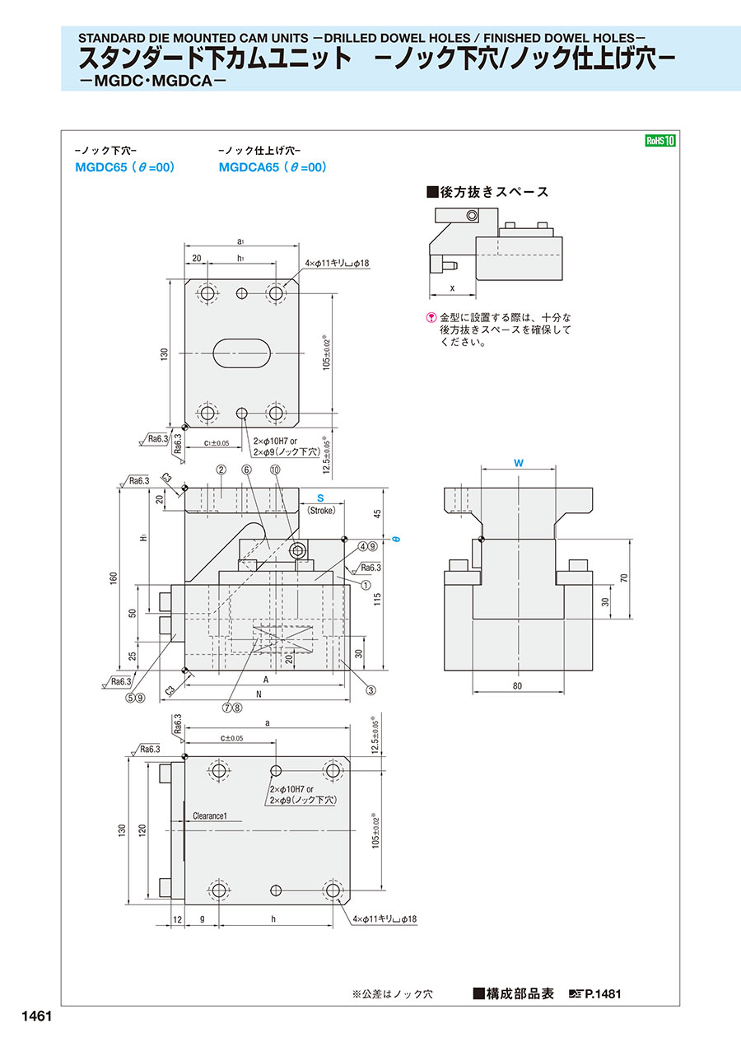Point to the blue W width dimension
[519, 464]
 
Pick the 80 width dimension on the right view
[518, 685]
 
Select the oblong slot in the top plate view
[240, 353]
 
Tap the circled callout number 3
[371, 689]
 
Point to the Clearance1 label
[215, 816]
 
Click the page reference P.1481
[603, 994]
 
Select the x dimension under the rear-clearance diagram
[452, 288]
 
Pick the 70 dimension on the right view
[623, 578]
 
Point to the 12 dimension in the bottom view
[177, 918]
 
